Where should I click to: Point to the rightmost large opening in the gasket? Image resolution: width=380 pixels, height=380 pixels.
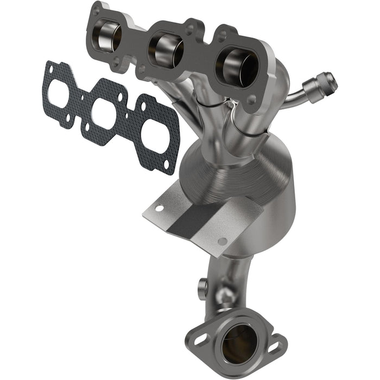[157, 132]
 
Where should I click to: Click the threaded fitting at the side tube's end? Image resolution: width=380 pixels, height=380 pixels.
[320, 85]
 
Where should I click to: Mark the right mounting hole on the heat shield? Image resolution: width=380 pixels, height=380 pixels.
[222, 241]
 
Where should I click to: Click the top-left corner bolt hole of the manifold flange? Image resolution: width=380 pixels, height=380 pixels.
[97, 10]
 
